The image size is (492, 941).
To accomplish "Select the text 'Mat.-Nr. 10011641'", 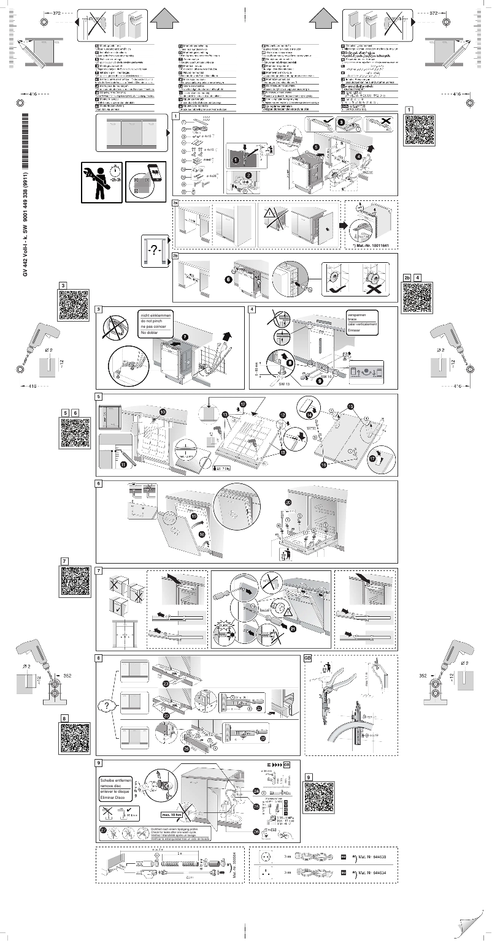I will pyautogui.click(x=370, y=245).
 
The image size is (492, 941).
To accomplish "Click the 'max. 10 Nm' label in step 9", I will pyautogui.click(x=174, y=815).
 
